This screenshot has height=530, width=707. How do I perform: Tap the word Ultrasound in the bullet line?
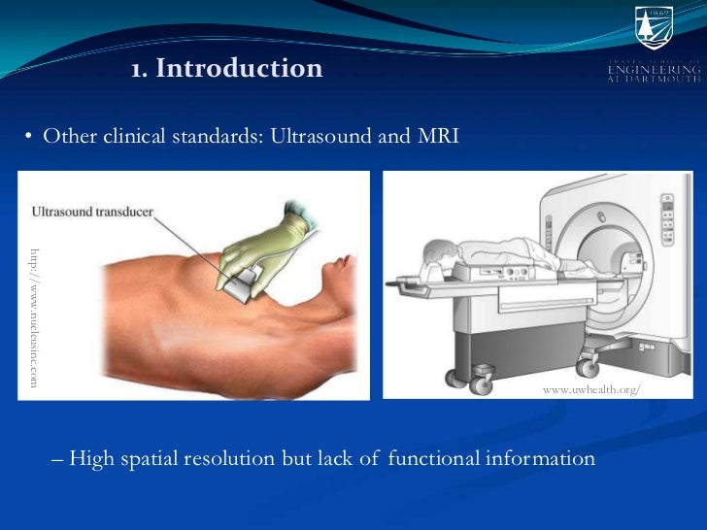[x=318, y=136]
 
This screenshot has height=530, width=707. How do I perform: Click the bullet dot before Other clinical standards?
[x=29, y=137]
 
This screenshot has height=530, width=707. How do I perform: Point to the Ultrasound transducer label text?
[x=92, y=210]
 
